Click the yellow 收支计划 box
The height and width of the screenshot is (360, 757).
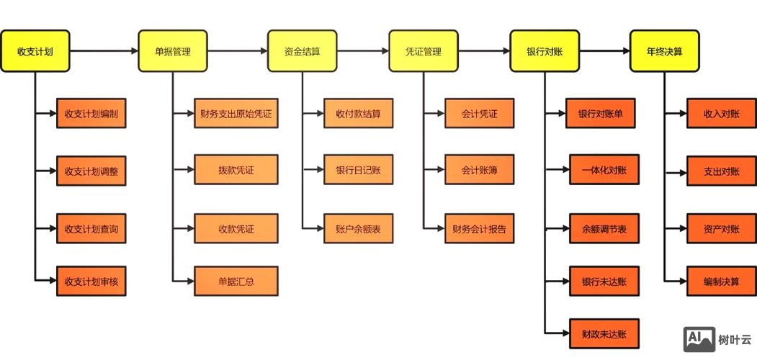coord(35,51)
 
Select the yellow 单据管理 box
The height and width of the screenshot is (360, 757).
coord(172,51)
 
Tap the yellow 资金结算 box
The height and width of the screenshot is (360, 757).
coord(302,51)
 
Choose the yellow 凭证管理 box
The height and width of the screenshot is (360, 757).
coord(423,51)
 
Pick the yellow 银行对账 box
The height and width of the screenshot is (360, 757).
coord(545,51)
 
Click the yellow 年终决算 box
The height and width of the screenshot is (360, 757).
coord(664,51)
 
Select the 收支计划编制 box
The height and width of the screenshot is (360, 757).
coord(91,114)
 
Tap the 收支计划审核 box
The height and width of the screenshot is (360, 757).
coord(91,282)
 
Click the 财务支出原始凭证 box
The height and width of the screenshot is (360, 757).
coord(236,114)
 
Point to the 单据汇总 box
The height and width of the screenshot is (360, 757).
coord(236,282)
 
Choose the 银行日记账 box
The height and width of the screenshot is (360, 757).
coord(358,171)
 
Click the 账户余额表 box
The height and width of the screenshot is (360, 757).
coord(358,229)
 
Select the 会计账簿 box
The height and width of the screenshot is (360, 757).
coord(480,171)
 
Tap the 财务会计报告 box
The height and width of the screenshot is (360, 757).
coord(480,229)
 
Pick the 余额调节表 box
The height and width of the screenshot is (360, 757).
coord(604,229)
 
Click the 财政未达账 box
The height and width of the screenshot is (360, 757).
coord(604,334)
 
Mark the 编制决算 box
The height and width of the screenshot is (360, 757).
coord(721,282)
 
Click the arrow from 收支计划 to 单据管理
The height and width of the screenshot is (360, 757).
coord(104,51)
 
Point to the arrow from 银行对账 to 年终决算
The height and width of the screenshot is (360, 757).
coord(604,51)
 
